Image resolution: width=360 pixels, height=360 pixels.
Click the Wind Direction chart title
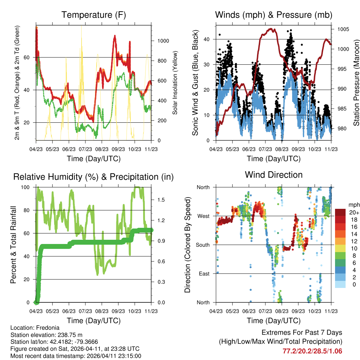pyautogui.click(x=274, y=174)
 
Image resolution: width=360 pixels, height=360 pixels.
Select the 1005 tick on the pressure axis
pyautogui.click(x=343, y=29)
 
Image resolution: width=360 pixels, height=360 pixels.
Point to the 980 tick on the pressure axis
pyautogui.click(x=342, y=128)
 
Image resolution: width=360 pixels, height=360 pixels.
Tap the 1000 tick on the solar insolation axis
pyautogui.click(x=164, y=41)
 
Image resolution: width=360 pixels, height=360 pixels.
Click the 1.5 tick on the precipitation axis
pyautogui.click(x=161, y=200)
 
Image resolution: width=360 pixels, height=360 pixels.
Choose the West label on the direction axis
pyautogui.click(x=203, y=216)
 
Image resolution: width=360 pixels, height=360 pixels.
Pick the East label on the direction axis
pyautogui.click(x=204, y=274)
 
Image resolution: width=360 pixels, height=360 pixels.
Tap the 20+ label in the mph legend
pyautogui.click(x=354, y=212)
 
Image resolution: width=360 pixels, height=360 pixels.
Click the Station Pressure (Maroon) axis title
pyautogui.click(x=356, y=77)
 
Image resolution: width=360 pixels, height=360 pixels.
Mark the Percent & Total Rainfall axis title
pyautogui.click(x=13, y=245)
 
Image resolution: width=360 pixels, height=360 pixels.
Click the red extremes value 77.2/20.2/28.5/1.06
pyautogui.click(x=312, y=351)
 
